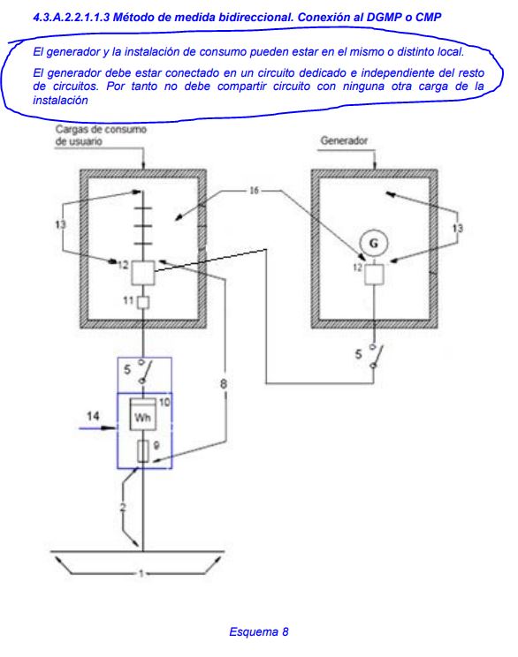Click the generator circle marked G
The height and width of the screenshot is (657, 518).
coord(373,243)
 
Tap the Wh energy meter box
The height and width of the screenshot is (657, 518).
coord(143,414)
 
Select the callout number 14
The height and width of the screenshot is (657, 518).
coord(93,416)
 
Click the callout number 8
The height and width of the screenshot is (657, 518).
coord(224,383)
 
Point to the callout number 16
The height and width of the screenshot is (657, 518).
coord(255,191)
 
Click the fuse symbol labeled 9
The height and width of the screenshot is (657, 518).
coord(143,451)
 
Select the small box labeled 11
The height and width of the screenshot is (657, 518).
coord(143,302)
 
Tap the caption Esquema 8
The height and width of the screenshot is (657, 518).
coord(259,632)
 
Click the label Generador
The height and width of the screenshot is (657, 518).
coord(344,140)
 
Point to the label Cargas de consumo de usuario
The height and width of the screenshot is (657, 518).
coord(101,135)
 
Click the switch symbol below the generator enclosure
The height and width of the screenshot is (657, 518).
coord(376,357)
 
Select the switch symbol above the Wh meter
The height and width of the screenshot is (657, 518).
coord(144,371)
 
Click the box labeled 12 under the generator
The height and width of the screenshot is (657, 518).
coord(374,275)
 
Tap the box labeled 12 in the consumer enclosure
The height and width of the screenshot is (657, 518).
coord(143,272)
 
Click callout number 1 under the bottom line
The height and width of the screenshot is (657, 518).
coord(141,573)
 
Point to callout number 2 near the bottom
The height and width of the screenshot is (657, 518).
coord(123,508)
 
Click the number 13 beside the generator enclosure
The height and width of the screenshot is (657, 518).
coord(457,228)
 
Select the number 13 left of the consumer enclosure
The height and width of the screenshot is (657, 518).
coord(60,224)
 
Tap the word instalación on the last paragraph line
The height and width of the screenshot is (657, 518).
coord(60,101)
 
